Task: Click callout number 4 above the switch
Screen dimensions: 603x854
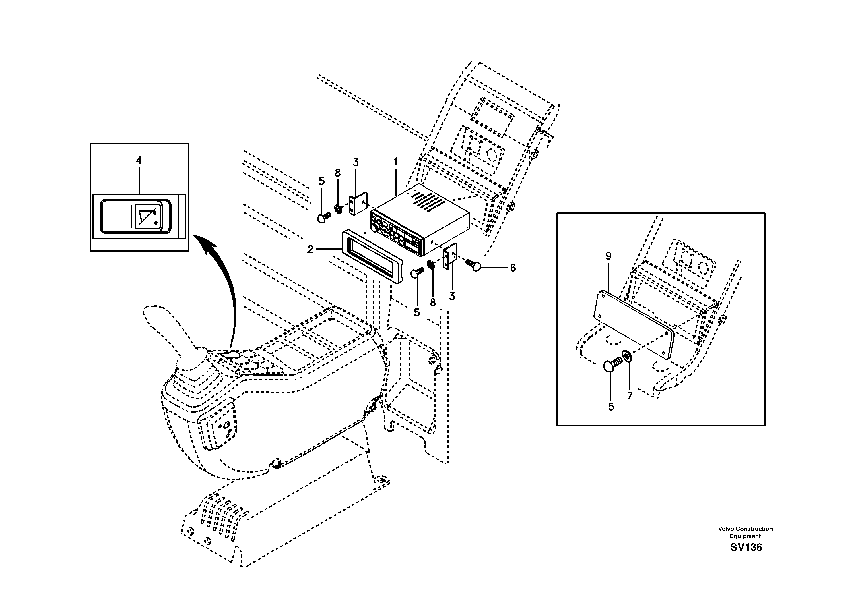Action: click(x=138, y=161)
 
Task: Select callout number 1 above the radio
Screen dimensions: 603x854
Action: click(x=395, y=162)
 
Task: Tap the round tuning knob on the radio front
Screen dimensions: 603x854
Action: click(x=374, y=230)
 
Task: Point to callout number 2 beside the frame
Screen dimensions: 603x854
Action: click(x=310, y=250)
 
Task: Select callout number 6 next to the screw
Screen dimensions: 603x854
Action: click(x=513, y=268)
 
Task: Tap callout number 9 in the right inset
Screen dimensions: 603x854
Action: click(x=608, y=256)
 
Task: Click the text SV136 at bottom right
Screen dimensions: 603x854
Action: click(x=746, y=547)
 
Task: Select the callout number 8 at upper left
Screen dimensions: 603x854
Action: click(x=337, y=173)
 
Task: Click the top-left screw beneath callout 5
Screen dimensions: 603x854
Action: click(x=324, y=217)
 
